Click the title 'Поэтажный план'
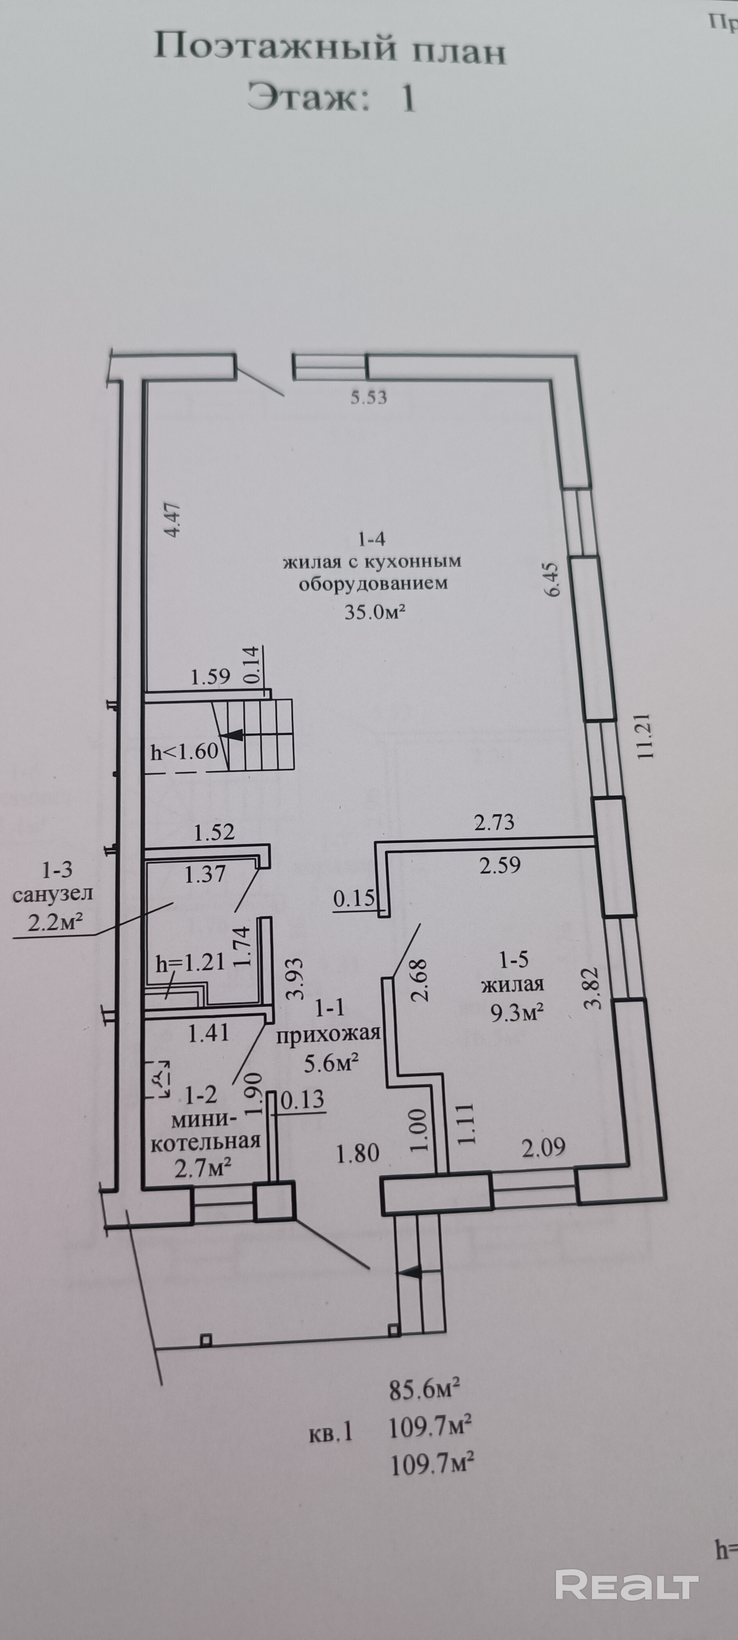pos(330,49)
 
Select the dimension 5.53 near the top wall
pos(369,398)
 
